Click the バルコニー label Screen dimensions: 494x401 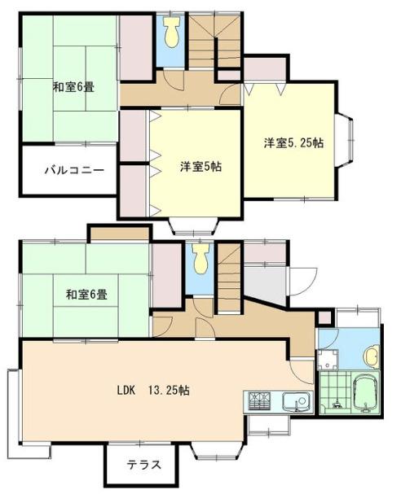click(73, 171)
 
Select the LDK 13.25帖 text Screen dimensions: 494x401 click(152, 390)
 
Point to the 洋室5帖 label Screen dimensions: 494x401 click(200, 166)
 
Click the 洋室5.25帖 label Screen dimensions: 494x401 click(293, 142)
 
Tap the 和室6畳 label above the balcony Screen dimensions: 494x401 click(73, 86)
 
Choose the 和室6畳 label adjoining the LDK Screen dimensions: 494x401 click(86, 294)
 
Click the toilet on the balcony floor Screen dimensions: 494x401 click(170, 33)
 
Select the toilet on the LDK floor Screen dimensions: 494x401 click(200, 261)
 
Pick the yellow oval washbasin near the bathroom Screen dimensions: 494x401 click(372, 355)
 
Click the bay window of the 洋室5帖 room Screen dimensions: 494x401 click(192, 226)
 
